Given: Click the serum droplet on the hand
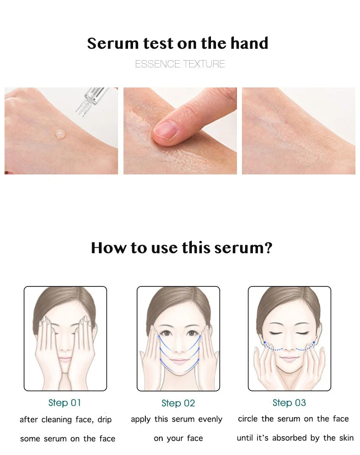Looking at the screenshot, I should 59,134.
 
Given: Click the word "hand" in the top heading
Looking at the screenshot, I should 249,43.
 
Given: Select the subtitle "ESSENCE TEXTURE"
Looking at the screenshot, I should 180,64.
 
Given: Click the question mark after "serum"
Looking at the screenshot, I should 268,248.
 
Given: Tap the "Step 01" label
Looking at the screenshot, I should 64,403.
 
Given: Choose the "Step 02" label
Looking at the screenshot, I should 178,403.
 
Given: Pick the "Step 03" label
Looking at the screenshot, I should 289,403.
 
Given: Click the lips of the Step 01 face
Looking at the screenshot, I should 65,359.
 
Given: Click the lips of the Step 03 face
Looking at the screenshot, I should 289,358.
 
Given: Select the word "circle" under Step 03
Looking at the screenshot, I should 248,419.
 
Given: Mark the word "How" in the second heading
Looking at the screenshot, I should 106,248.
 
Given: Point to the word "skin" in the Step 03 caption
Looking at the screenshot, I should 346,438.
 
